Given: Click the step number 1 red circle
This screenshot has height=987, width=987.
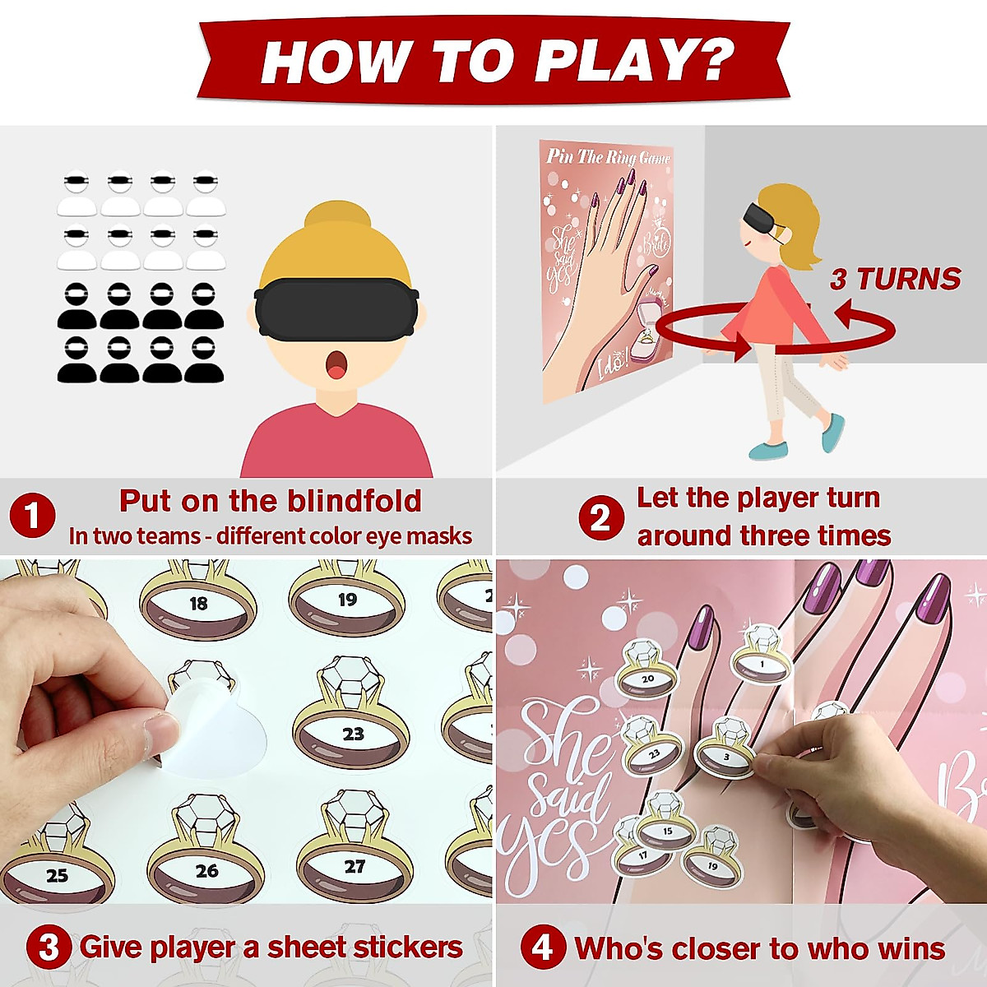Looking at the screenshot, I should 32,517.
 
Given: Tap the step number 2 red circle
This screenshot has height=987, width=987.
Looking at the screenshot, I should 600,517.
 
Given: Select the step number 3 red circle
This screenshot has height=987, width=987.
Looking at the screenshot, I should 49,948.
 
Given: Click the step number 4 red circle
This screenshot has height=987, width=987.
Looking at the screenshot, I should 543,948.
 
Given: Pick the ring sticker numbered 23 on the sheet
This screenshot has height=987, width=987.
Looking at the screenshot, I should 352,724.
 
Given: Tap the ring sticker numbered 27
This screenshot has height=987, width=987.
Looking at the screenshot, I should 354,860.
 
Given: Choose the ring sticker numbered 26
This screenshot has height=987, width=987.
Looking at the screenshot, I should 206,864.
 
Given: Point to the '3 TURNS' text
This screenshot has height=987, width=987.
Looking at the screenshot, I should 895,279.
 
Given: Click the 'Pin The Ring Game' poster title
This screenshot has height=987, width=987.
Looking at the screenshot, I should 608,157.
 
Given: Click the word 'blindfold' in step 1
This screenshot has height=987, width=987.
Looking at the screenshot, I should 358,500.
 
